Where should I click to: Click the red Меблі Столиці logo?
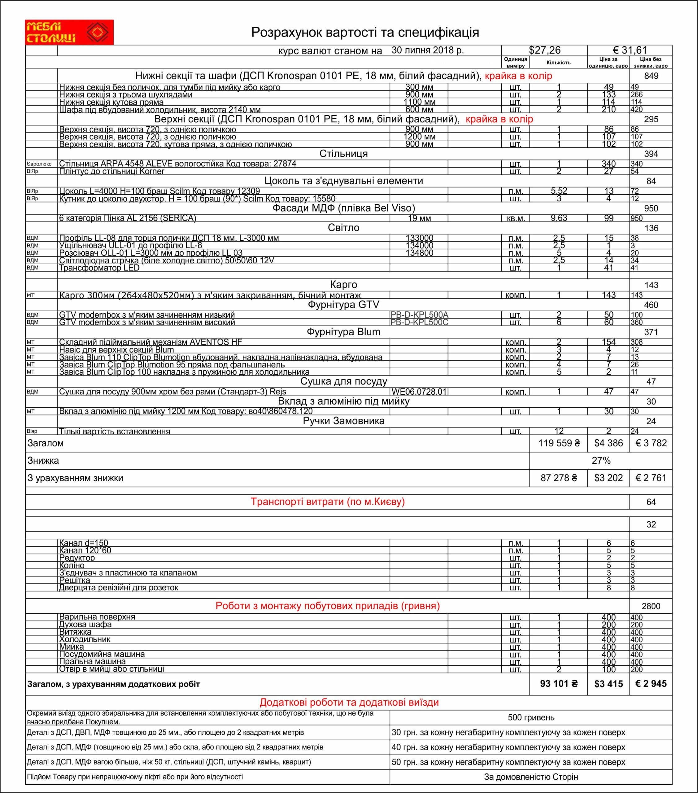click(x=69, y=32)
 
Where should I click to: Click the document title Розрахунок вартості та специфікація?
click(x=365, y=32)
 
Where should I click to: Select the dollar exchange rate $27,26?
click(x=544, y=50)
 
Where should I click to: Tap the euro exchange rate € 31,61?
click(x=630, y=50)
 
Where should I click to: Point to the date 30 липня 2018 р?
click(x=427, y=50)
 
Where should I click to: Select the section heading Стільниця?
click(x=343, y=154)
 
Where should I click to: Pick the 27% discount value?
click(x=601, y=461)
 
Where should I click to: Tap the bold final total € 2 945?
click(x=651, y=684)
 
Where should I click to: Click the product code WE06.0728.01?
click(x=419, y=392)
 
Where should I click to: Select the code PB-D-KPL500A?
click(x=419, y=315)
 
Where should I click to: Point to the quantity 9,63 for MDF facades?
click(x=559, y=218)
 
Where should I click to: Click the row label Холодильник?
click(x=85, y=639)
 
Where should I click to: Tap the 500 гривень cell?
click(x=531, y=718)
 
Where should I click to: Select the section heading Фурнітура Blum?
click(x=343, y=332)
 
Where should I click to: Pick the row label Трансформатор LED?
click(x=99, y=268)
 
